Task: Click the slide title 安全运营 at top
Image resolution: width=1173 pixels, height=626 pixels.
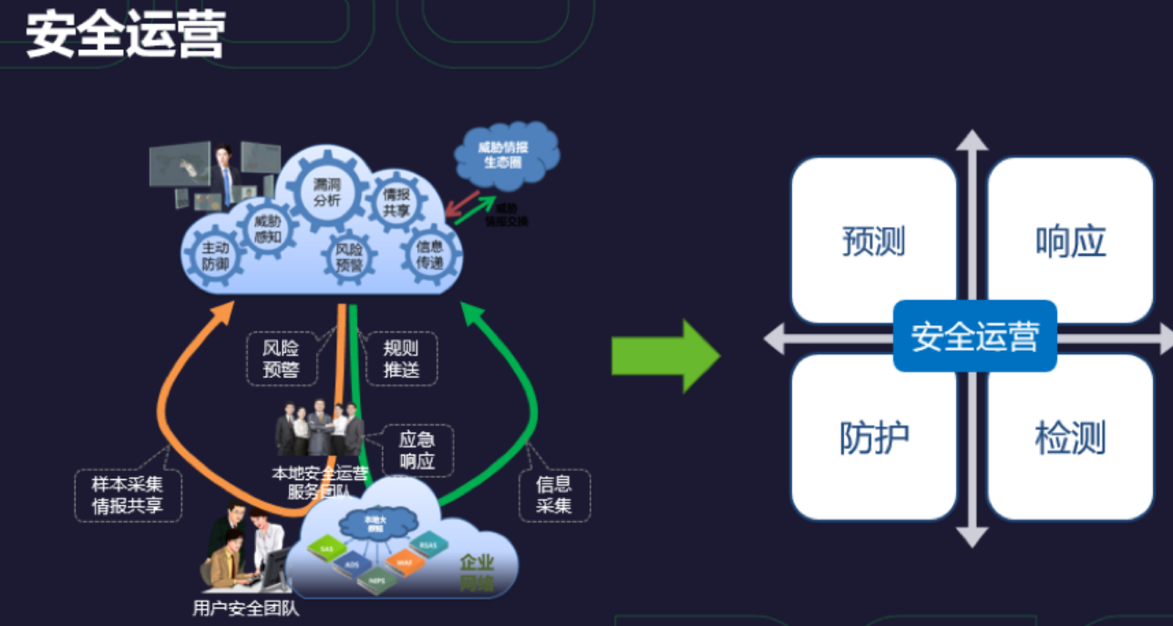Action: click(126, 36)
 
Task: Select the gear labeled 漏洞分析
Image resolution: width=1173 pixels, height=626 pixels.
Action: click(326, 192)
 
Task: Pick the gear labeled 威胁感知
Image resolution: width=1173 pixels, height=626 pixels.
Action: click(267, 228)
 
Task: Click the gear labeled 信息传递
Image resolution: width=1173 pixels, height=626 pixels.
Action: click(429, 254)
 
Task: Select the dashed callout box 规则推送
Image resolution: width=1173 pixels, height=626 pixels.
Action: click(400, 358)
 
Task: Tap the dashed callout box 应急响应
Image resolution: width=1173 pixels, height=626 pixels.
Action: click(417, 450)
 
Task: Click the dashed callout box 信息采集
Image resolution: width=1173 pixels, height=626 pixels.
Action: click(554, 495)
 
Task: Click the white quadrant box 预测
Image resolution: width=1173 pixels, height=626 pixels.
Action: click(873, 241)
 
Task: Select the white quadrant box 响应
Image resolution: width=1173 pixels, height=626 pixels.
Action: click(1070, 241)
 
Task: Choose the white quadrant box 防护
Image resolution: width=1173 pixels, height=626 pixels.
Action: click(873, 438)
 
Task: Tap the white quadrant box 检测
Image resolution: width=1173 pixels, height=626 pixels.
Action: click(1070, 438)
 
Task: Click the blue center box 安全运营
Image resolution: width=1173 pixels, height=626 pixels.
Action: click(974, 336)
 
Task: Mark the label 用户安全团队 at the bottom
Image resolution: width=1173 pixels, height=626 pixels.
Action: click(246, 609)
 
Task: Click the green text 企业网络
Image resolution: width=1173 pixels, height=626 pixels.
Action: click(476, 571)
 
